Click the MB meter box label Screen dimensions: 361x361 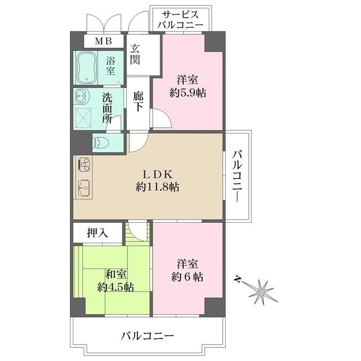click(x=103, y=41)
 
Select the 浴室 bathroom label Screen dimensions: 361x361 click(x=111, y=67)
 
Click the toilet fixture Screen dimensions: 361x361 click(x=101, y=142)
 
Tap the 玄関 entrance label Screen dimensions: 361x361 click(x=136, y=54)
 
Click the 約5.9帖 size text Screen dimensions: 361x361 click(x=188, y=93)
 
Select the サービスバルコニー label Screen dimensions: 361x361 click(x=179, y=19)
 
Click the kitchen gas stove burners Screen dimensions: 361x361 click(x=83, y=165)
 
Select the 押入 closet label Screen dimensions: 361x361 click(x=97, y=232)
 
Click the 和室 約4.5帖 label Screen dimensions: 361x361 click(x=115, y=281)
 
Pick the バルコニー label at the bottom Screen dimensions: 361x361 click(x=148, y=337)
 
